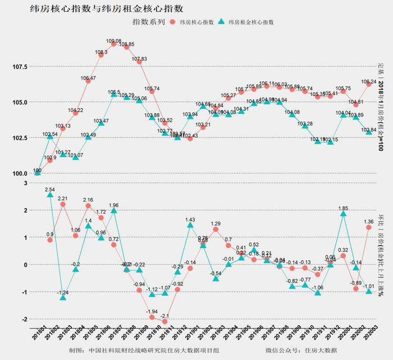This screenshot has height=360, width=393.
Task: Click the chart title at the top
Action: (x=107, y=9)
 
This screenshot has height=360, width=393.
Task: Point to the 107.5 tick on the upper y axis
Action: (x=19, y=67)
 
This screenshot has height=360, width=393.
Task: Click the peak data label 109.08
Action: (x=113, y=41)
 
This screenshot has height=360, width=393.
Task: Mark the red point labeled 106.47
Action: (x=88, y=81)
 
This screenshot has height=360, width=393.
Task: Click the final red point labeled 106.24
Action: (x=369, y=84)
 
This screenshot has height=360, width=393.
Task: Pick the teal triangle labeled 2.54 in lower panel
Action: (x=50, y=195)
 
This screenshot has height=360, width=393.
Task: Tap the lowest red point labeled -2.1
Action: (x=165, y=322)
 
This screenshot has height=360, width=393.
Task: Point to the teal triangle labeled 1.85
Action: (x=343, y=214)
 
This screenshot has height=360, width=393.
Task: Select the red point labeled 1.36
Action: (x=369, y=227)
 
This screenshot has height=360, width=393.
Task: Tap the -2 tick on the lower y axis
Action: (x=24, y=319)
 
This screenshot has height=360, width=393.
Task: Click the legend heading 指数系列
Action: (x=148, y=22)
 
